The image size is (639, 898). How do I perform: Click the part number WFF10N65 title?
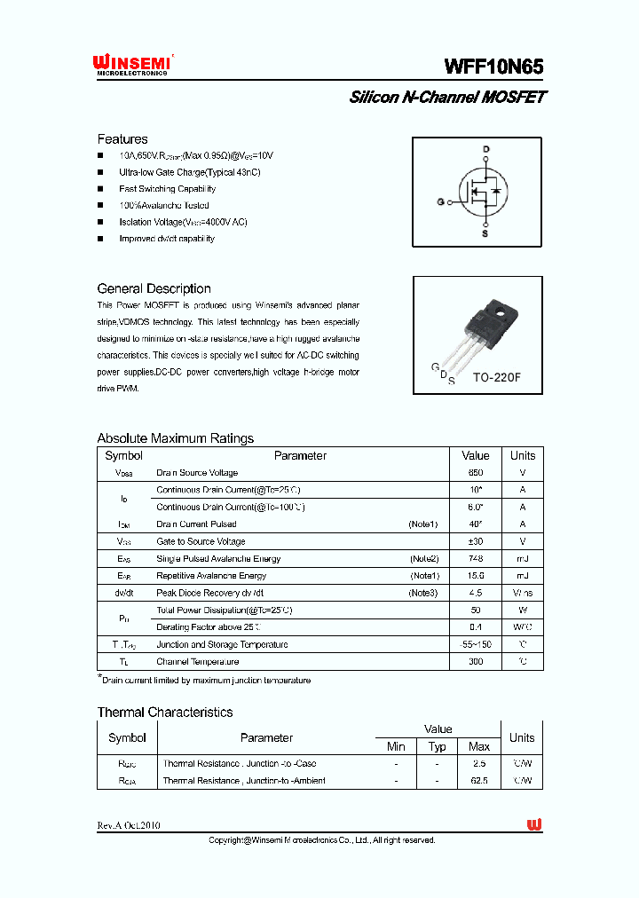click(x=493, y=67)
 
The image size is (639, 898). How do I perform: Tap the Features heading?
click(x=122, y=139)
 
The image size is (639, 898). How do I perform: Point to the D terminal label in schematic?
click(x=485, y=149)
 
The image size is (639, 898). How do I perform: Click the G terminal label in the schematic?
click(x=439, y=202)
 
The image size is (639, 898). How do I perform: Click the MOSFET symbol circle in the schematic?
click(x=483, y=193)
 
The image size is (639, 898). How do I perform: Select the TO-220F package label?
click(x=496, y=377)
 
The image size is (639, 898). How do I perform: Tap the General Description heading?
click(x=154, y=288)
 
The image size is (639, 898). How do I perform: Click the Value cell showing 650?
click(x=476, y=473)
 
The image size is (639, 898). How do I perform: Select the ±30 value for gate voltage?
click(x=476, y=541)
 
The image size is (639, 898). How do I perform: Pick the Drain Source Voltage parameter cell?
click(x=197, y=473)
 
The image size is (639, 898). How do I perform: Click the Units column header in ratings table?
click(x=523, y=455)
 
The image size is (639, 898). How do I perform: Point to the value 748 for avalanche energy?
click(x=476, y=559)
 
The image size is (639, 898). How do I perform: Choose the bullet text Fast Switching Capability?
click(x=167, y=189)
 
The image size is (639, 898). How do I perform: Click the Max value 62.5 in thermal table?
click(x=478, y=781)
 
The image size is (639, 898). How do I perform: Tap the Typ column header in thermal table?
click(x=437, y=746)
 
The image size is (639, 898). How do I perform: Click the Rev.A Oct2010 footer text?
click(x=129, y=825)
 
